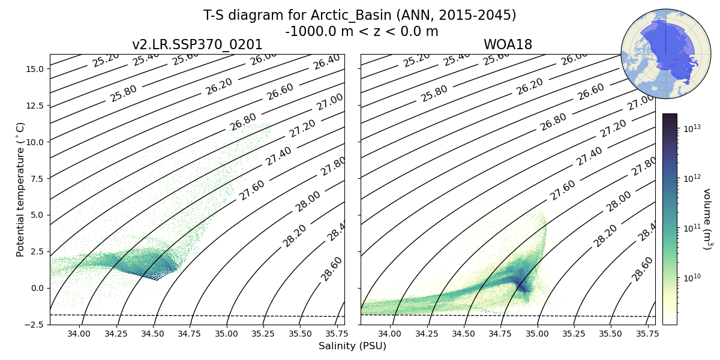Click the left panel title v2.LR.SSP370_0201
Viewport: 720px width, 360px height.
pos(197,45)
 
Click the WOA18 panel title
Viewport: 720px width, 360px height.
pos(508,45)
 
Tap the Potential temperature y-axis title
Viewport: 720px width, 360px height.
pos(21,189)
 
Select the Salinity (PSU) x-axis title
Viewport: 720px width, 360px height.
pos(352,346)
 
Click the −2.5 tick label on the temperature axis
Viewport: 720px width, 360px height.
pos(34,325)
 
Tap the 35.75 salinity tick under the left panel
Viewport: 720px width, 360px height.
pos(337,334)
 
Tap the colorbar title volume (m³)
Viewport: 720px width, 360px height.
pos(707,219)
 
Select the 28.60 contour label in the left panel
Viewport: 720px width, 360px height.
pos(332,268)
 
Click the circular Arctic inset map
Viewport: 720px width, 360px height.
pos(657,54)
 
